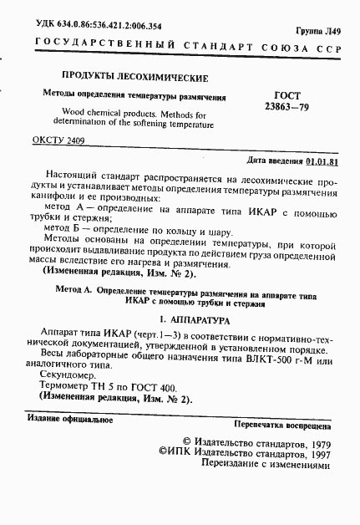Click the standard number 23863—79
287,108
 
